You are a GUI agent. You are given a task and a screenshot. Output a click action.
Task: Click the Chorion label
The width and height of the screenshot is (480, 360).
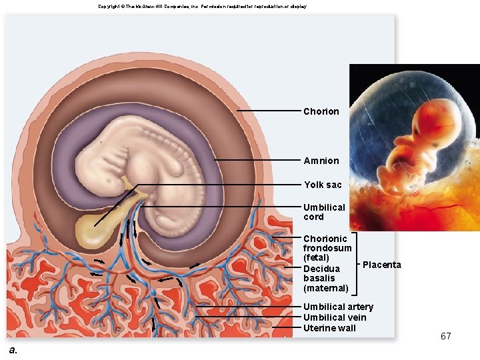coord(321,111)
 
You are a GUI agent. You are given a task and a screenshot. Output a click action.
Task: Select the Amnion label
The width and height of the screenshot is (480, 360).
coord(321,161)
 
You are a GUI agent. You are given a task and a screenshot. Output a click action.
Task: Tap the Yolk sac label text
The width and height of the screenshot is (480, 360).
coord(323,185)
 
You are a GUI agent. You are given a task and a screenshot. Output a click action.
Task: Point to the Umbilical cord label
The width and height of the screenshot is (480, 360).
coord(324,212)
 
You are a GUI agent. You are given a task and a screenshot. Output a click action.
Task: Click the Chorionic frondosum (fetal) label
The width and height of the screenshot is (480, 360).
coord(327,248)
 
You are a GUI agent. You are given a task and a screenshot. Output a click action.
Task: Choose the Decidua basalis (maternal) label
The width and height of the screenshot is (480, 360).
coord(325,278)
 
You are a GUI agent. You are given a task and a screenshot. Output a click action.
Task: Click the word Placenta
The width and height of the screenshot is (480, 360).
coord(382,265)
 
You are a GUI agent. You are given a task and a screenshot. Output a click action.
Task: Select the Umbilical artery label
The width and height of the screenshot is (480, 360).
coord(338,307)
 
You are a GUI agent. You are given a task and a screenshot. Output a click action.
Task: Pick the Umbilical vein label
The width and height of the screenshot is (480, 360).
coord(335,317)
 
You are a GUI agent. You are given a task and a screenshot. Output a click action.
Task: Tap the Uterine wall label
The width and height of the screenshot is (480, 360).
coord(329,328)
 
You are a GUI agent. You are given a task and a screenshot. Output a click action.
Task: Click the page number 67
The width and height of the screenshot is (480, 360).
coord(445,336)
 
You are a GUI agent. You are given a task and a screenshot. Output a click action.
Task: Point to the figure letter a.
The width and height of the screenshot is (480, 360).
coord(13,350)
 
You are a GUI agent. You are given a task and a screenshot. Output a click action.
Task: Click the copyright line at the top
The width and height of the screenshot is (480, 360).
coord(202,6)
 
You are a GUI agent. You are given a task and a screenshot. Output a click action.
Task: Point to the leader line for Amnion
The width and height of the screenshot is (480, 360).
coord(257,160)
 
